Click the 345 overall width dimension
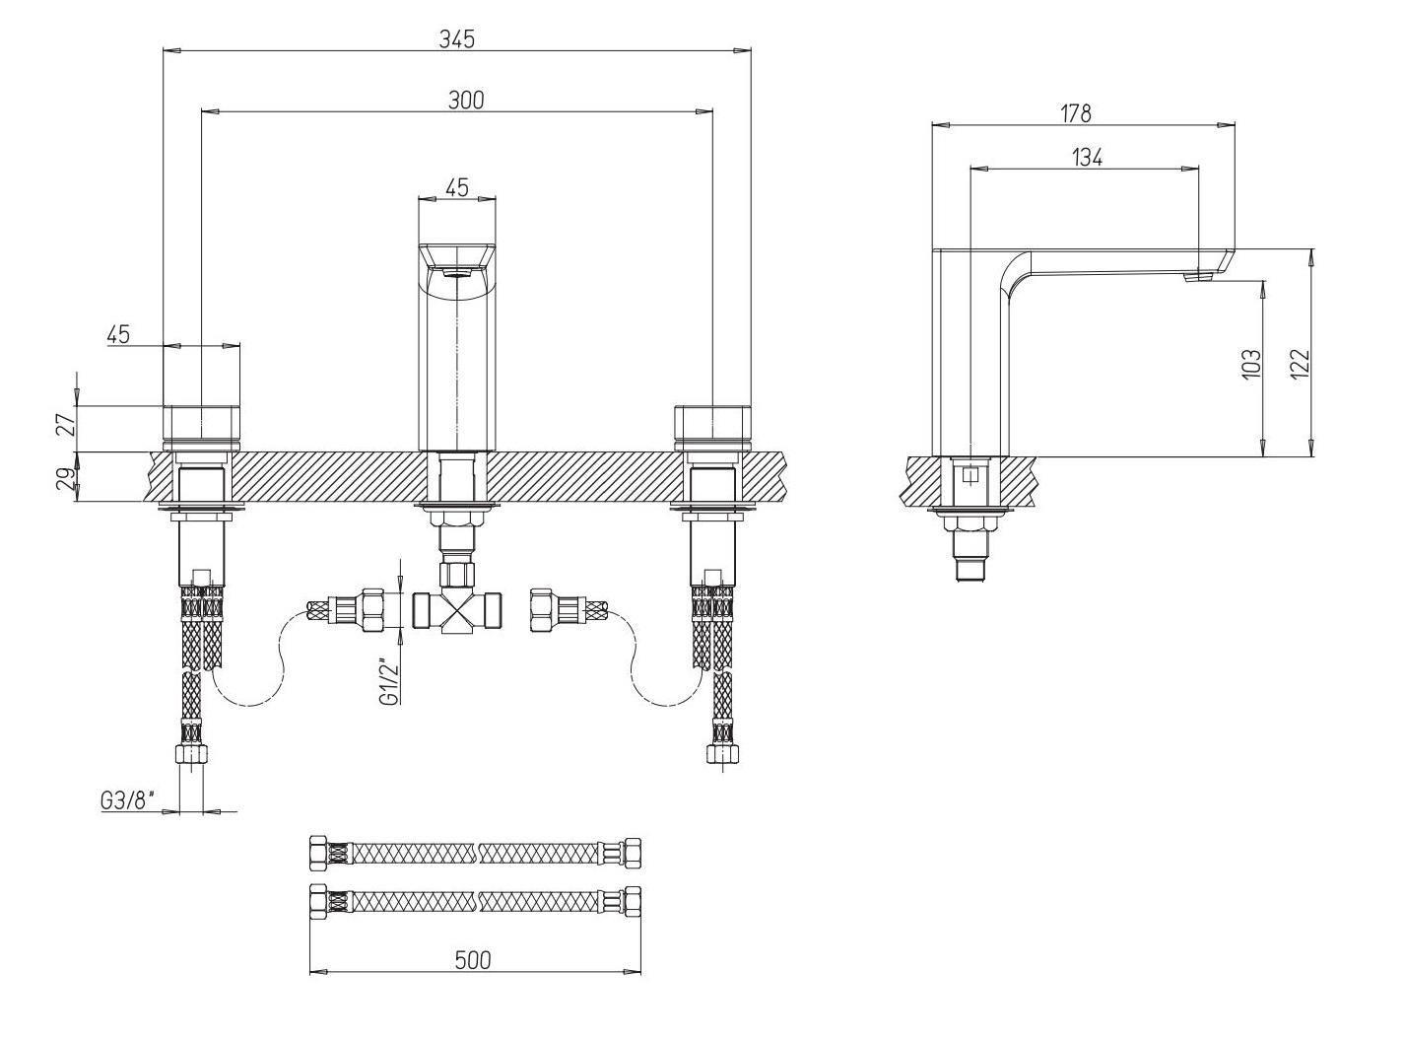[x=457, y=39]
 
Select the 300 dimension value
[x=466, y=101]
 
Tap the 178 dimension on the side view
[x=1076, y=113]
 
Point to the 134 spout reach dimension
[x=1087, y=157]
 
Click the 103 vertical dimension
[x=1251, y=364]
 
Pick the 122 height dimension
[x=1300, y=364]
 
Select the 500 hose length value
[x=473, y=960]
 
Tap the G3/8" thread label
[x=127, y=800]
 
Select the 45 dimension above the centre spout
[x=456, y=187]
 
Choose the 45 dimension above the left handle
[x=118, y=334]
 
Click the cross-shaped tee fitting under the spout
[x=457, y=612]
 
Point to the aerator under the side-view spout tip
[x=1198, y=276]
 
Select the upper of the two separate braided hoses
[x=475, y=853]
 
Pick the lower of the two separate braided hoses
[x=475, y=901]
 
